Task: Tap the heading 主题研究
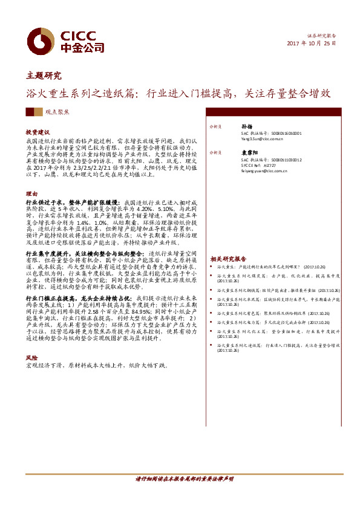point(44,76)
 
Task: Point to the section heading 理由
point(31,194)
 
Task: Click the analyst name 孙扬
point(245,127)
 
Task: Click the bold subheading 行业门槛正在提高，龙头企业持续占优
point(79,299)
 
